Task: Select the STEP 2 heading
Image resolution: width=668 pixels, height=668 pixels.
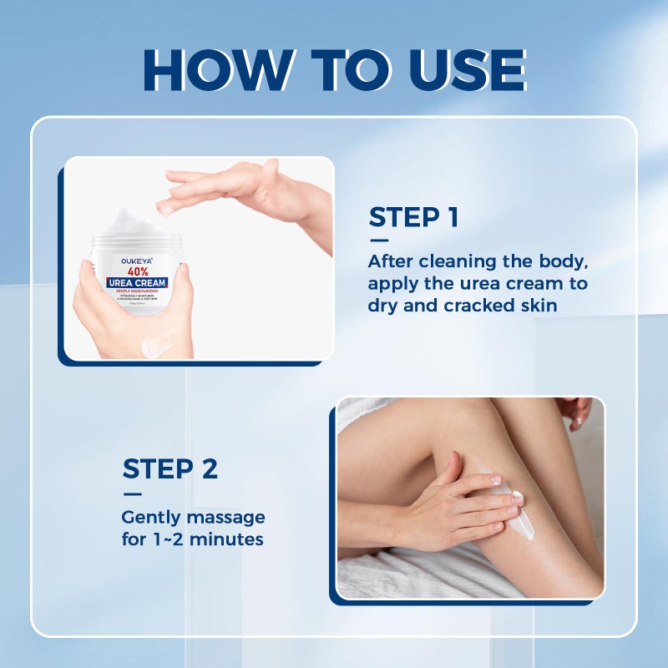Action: coord(170,468)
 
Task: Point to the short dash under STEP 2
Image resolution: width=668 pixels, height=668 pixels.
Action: coord(131,493)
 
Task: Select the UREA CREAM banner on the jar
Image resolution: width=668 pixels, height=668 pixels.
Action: coord(138,283)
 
